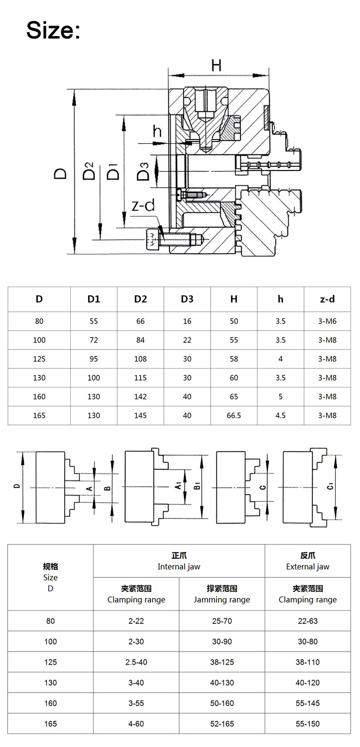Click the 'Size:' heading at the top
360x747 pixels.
click(x=54, y=30)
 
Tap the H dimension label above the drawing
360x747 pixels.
click(x=216, y=65)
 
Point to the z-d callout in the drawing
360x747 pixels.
click(x=143, y=205)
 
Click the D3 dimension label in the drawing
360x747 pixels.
click(x=144, y=171)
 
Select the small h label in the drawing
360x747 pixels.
click(x=157, y=131)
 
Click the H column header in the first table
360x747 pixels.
click(x=234, y=299)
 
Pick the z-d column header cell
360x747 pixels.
click(x=327, y=299)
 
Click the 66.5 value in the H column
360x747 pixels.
click(x=234, y=415)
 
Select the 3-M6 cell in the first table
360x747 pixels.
click(x=327, y=321)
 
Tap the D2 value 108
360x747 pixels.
click(x=140, y=359)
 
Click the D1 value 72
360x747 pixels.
click(x=94, y=340)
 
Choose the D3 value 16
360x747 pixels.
click(x=187, y=321)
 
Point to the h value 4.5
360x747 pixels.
click(x=280, y=415)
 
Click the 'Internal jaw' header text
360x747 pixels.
click(x=179, y=567)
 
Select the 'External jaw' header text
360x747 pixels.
click(x=308, y=567)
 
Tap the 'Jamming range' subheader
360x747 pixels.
click(x=222, y=599)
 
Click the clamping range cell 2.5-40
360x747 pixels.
click(x=136, y=662)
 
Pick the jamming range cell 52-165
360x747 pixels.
click(x=222, y=724)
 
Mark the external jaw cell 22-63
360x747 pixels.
click(x=308, y=621)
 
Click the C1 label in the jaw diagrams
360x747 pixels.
click(x=330, y=486)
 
